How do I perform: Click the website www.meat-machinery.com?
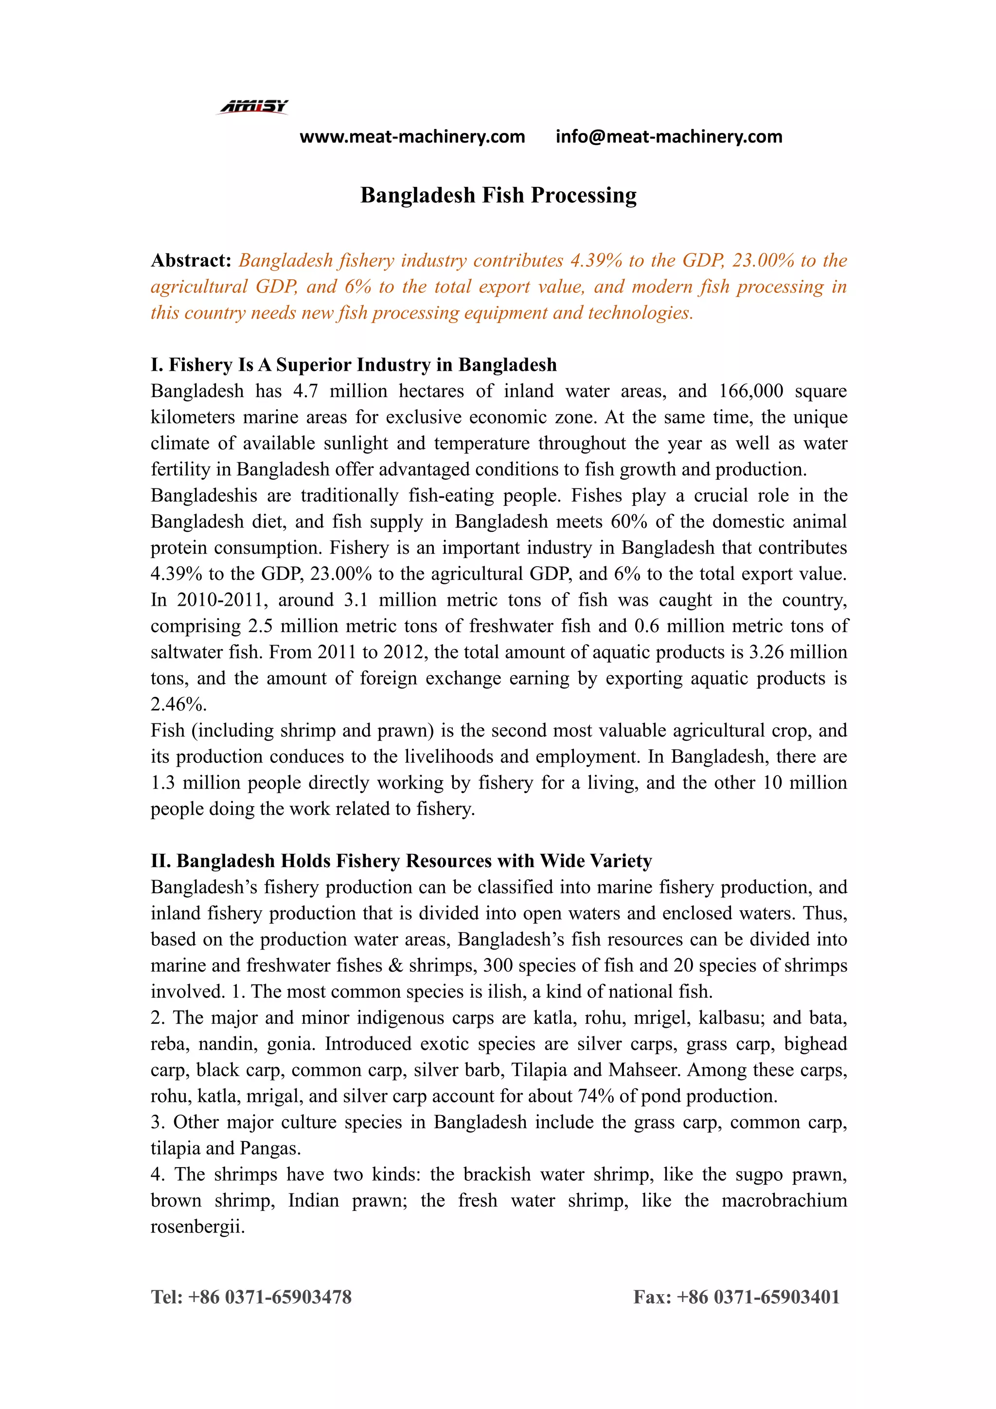tap(412, 136)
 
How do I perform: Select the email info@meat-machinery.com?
tap(669, 136)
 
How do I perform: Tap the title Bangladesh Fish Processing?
tap(498, 195)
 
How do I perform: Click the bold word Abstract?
tap(191, 261)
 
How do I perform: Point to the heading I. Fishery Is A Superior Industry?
tap(353, 364)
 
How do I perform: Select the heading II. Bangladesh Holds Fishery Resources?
tap(401, 861)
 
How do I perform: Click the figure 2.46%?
tap(178, 704)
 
